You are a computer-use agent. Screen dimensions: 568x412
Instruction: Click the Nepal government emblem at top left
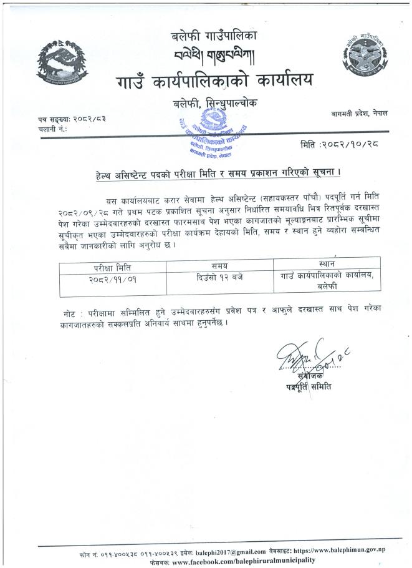point(60,66)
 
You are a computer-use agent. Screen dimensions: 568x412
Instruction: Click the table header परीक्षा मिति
point(105,268)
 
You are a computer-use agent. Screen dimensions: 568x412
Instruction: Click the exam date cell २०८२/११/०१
point(105,279)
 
